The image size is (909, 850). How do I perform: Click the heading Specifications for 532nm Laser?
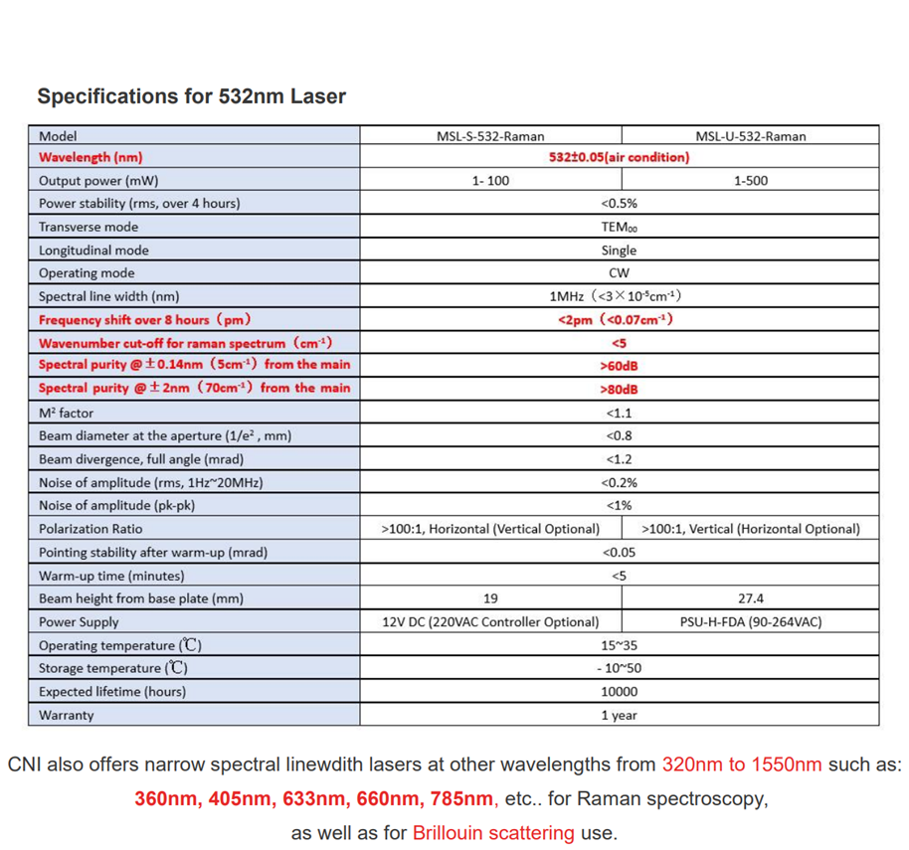pyautogui.click(x=192, y=96)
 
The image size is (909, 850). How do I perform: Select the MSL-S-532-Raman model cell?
pyautogui.click(x=490, y=136)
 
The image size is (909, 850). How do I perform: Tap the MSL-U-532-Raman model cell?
pyautogui.click(x=751, y=136)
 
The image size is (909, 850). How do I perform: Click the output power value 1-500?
pyautogui.click(x=751, y=181)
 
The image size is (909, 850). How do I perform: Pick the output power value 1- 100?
pyautogui.click(x=490, y=181)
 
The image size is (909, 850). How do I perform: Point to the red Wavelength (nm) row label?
pyautogui.click(x=91, y=157)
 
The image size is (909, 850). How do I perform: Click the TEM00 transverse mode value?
pyautogui.click(x=620, y=227)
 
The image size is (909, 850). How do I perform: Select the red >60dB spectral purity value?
pyautogui.click(x=620, y=365)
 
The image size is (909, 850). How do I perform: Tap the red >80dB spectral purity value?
pyautogui.click(x=620, y=389)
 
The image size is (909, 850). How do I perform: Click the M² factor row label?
pyautogui.click(x=67, y=413)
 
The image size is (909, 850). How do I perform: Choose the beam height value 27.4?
pyautogui.click(x=751, y=598)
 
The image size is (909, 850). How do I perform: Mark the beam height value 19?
pyautogui.click(x=490, y=598)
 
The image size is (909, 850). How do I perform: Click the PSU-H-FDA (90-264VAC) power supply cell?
pyautogui.click(x=751, y=622)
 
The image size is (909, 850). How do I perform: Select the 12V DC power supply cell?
pyautogui.click(x=490, y=622)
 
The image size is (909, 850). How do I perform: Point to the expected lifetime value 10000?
pyautogui.click(x=620, y=692)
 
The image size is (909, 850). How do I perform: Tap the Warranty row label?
pyautogui.click(x=66, y=715)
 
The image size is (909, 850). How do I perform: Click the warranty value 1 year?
pyautogui.click(x=620, y=715)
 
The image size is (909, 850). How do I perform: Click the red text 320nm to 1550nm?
pyautogui.click(x=742, y=765)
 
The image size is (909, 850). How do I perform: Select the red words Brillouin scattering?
pyautogui.click(x=493, y=832)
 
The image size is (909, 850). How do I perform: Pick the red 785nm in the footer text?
pyautogui.click(x=462, y=798)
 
